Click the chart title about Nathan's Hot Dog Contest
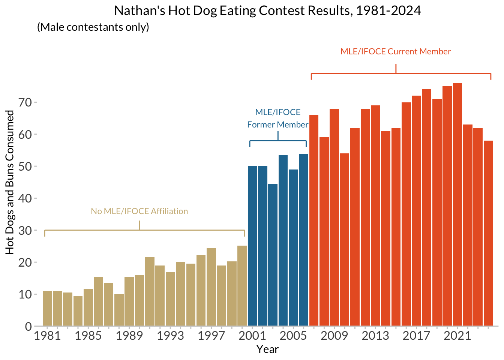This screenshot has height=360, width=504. (267, 10)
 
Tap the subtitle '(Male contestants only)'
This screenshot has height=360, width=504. (93, 27)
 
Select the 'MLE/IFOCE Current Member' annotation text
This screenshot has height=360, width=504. (396, 51)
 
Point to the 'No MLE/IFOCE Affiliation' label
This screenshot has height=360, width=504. (139, 211)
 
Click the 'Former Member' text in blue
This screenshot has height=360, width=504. (277, 124)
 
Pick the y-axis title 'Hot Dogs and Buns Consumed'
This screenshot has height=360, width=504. (10, 182)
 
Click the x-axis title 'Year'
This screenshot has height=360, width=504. (267, 349)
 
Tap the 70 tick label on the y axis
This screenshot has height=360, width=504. (25, 102)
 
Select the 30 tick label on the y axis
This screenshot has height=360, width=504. (25, 230)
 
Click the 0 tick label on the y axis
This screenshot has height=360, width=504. (28, 326)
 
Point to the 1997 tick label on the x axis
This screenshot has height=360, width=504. (211, 336)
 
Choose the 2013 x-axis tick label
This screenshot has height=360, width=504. (375, 336)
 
